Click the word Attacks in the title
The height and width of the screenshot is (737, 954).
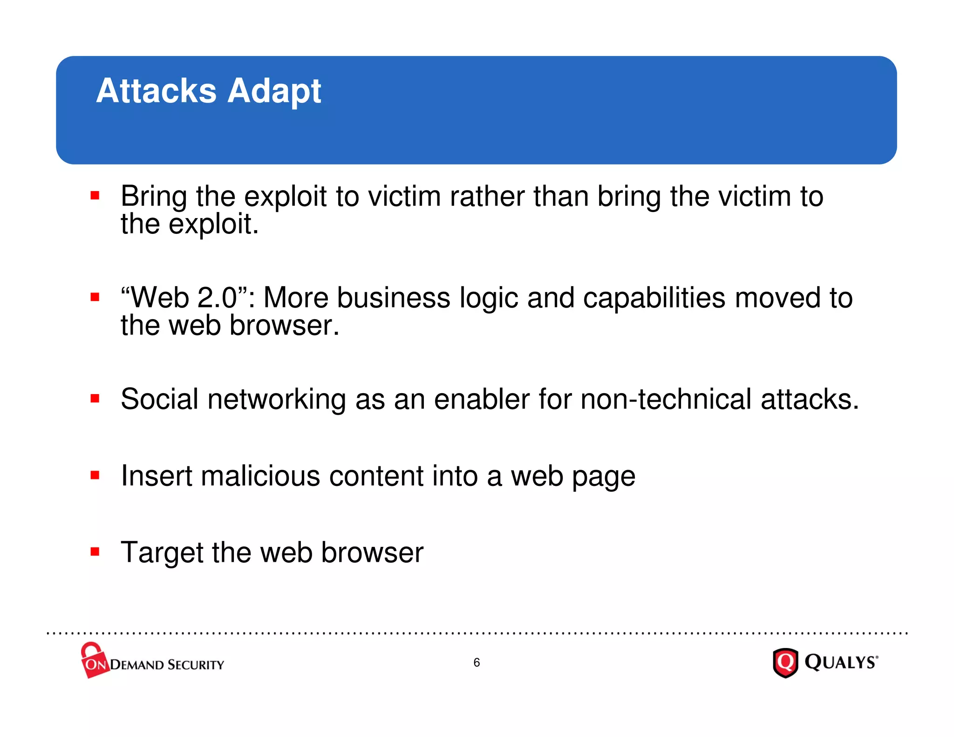pos(156,91)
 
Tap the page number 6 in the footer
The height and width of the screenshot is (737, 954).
pos(477,662)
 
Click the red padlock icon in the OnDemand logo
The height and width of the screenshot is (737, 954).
pos(93,660)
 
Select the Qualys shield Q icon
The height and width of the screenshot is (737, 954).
pos(785,662)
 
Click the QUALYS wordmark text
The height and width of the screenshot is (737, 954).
pos(841,662)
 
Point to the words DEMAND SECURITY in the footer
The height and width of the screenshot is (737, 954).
pos(167,665)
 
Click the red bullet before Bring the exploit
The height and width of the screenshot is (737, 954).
pos(95,195)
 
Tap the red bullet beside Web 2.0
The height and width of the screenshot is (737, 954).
pos(95,297)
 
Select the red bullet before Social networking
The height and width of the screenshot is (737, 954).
pos(95,398)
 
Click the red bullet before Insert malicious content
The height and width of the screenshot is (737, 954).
pos(95,475)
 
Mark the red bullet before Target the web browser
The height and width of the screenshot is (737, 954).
pos(95,552)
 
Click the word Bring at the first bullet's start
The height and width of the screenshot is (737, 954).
pos(154,197)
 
